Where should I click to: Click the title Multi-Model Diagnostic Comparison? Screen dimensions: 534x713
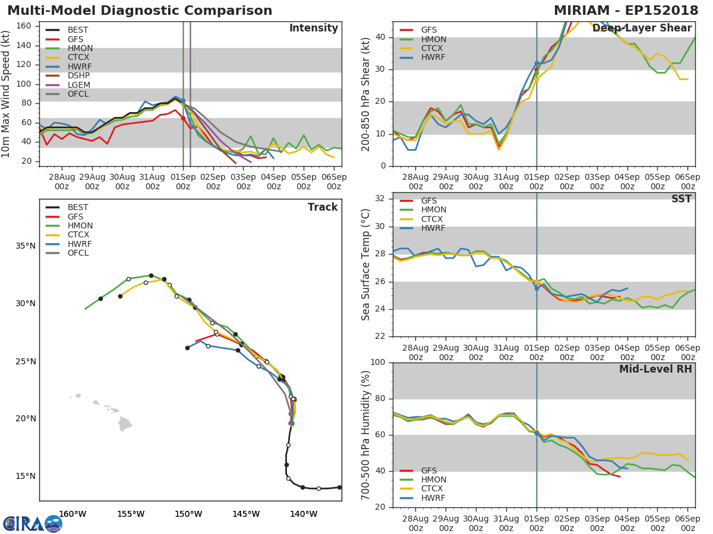[x=140, y=11]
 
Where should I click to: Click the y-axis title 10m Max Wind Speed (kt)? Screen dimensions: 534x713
[x=7, y=95]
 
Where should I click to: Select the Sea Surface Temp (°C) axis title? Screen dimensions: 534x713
[x=366, y=265]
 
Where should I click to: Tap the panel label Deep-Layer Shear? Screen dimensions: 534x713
[x=642, y=28]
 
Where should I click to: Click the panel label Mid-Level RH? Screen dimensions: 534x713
[x=655, y=369]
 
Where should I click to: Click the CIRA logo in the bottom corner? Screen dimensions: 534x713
[x=33, y=524]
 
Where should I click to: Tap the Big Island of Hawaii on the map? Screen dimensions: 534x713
[x=125, y=424]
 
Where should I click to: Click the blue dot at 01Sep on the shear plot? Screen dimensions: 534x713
[x=537, y=63]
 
